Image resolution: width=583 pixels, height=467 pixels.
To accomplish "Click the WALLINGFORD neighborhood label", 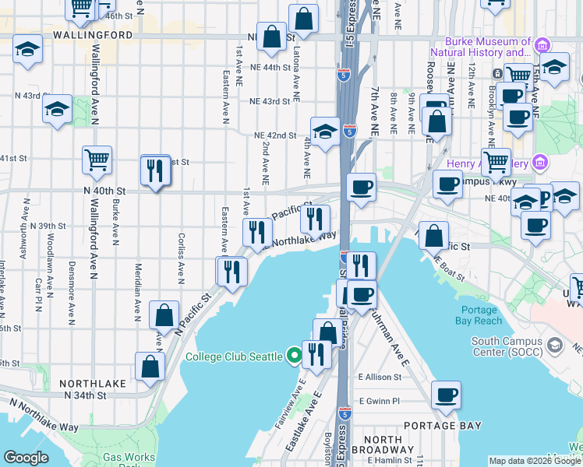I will [93, 36].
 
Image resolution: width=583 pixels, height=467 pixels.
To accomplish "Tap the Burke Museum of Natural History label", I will [487, 47].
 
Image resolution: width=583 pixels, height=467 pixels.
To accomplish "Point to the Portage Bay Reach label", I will [479, 315].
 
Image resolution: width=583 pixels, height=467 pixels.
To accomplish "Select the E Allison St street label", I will [379, 377].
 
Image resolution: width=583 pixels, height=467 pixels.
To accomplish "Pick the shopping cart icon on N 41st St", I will [97, 160].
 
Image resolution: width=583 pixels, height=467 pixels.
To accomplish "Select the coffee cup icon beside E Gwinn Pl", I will [446, 395].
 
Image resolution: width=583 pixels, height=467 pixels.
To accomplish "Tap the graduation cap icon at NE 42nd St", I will [325, 130].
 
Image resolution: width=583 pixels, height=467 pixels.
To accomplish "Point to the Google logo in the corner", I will [26, 458].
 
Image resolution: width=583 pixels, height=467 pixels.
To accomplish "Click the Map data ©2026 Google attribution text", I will [534, 461].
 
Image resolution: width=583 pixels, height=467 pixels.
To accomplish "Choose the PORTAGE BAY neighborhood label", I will [442, 426].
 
